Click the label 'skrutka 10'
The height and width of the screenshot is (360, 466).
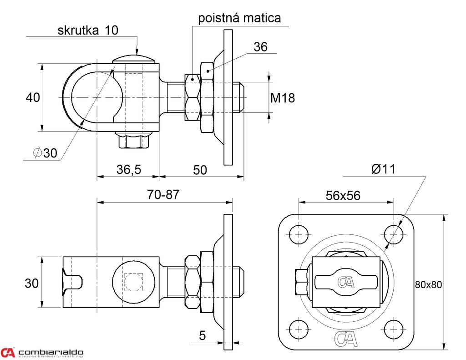click(87, 30)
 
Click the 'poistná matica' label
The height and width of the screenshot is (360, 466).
click(239, 18)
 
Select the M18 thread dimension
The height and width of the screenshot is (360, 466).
click(283, 98)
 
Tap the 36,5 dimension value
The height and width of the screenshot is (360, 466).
click(129, 170)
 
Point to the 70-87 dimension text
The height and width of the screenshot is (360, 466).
click(163, 194)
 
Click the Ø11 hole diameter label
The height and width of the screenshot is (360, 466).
click(383, 169)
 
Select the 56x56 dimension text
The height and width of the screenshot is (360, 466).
click(343, 196)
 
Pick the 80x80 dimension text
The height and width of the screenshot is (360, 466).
click(428, 284)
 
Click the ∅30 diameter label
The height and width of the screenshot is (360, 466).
click(45, 153)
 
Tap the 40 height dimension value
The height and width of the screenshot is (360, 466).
click(32, 97)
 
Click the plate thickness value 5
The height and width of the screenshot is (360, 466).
click(203, 336)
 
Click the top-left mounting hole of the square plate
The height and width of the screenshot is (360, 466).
click(298, 234)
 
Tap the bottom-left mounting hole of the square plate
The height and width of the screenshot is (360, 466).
click(298, 329)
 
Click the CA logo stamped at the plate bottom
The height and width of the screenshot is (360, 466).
click(346, 338)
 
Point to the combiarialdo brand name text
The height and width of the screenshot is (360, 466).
click(51, 352)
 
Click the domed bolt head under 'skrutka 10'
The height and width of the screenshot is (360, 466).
click(135, 59)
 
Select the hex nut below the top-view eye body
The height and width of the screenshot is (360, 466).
click(134, 141)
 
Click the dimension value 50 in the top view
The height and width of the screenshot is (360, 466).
click(200, 170)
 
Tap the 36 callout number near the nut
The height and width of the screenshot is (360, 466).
click(260, 46)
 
